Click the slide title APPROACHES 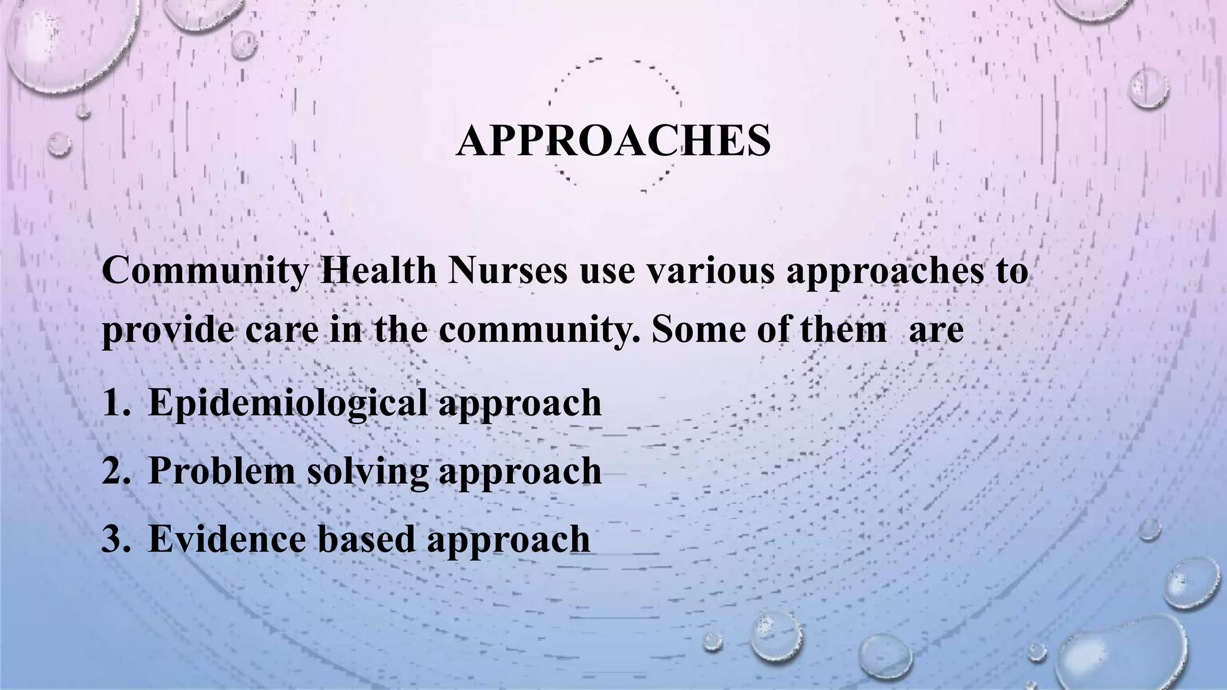click(613, 141)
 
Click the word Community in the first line click(204, 271)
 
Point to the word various click(710, 271)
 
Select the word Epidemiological click(288, 402)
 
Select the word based click(365, 538)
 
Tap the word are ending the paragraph click(936, 331)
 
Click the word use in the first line click(607, 271)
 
